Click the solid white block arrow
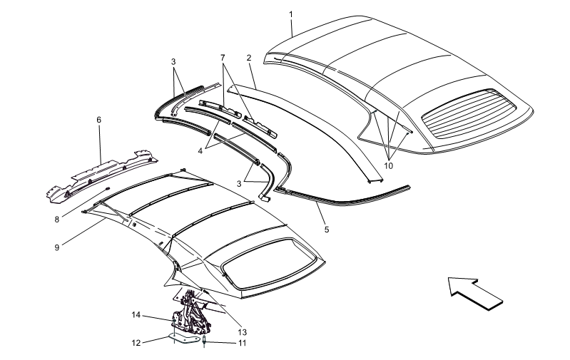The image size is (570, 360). [x=477, y=292]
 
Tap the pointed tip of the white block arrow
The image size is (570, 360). [x=449, y=279]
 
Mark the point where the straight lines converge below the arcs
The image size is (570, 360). [x=389, y=160]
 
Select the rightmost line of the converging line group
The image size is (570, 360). [x=399, y=145]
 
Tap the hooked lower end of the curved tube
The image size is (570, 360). [x=173, y=113]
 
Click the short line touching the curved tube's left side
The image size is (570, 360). [x=180, y=81]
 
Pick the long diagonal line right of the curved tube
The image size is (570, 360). [x=238, y=92]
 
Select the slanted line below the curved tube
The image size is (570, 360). [x=225, y=141]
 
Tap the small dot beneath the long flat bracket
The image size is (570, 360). [x=108, y=189]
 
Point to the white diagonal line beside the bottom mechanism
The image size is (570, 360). [x=225, y=311]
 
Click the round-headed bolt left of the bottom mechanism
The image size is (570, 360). [x=174, y=323]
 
